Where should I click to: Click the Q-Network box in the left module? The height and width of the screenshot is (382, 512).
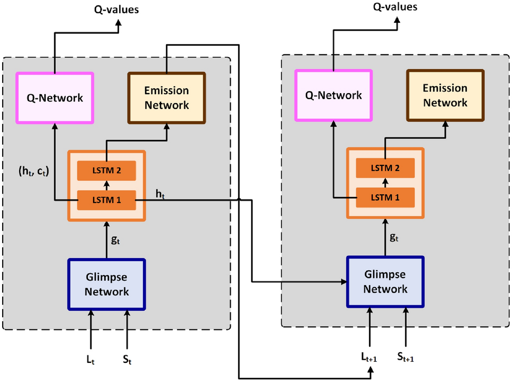[55, 97]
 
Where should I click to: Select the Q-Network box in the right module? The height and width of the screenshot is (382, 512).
[333, 95]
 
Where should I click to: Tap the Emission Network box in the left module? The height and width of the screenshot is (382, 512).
[166, 98]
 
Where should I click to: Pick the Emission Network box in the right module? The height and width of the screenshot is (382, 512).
[445, 95]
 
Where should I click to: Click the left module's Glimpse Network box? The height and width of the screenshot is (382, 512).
[106, 284]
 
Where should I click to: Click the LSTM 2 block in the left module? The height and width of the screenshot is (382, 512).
[106, 170]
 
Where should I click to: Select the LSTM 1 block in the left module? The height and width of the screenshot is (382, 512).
[106, 200]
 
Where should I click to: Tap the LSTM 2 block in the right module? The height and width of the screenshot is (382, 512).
[385, 168]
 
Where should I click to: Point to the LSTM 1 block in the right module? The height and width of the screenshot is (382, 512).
[385, 197]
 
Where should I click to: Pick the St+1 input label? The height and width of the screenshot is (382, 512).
[406, 357]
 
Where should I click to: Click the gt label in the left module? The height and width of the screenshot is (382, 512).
[115, 240]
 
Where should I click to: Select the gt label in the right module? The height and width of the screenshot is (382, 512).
[394, 238]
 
